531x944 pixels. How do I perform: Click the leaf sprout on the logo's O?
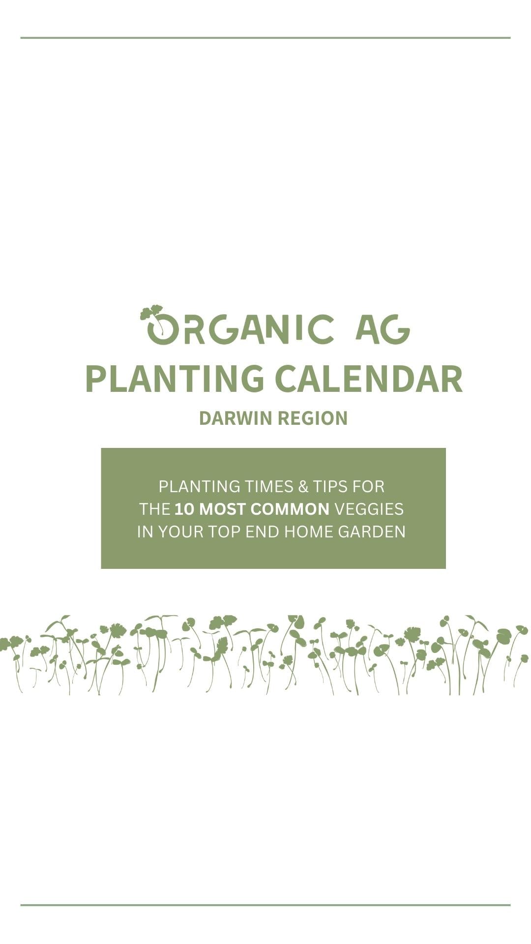(x=151, y=313)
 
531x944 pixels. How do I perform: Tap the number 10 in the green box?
(x=184, y=509)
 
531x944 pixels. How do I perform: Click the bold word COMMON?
(x=290, y=509)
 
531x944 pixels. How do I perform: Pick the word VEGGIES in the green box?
(x=369, y=509)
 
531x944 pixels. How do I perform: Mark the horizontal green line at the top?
(x=265, y=37)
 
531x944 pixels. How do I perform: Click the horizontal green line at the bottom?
(x=265, y=905)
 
